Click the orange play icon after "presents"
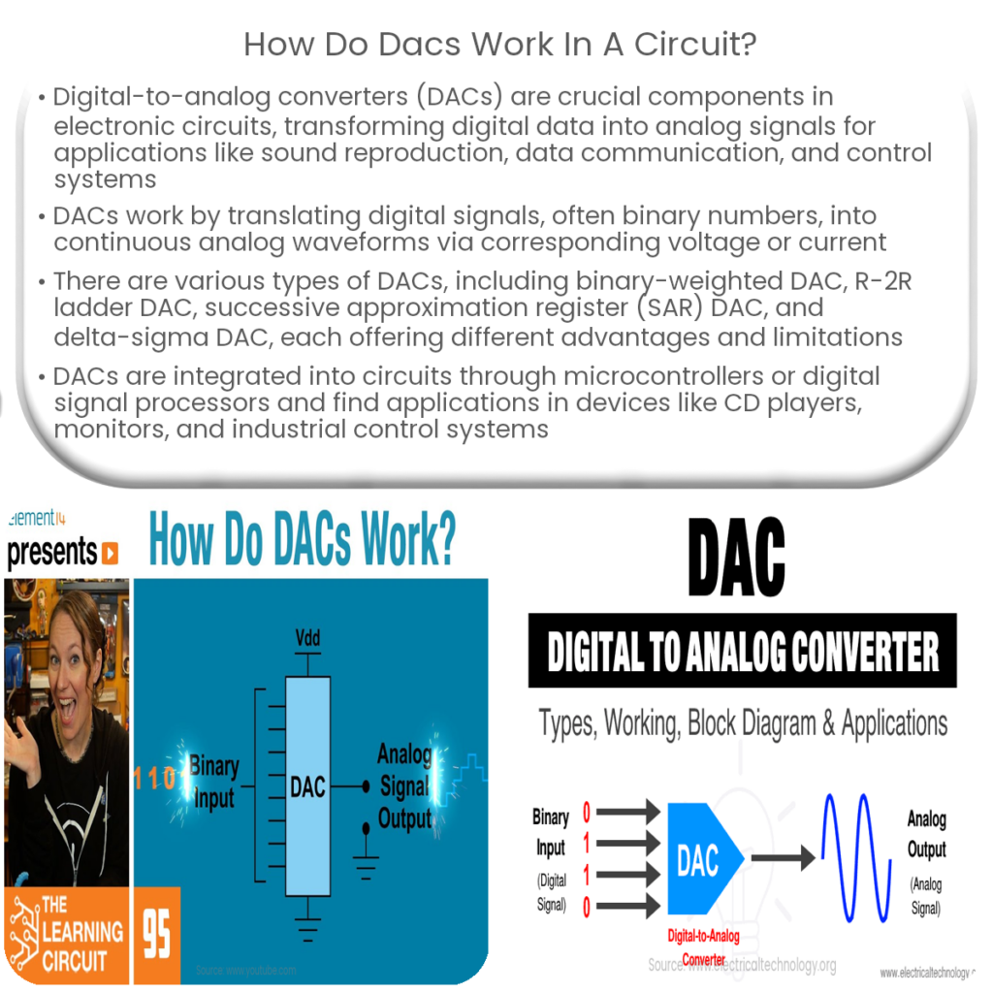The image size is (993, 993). tap(111, 553)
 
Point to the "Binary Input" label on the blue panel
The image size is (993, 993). tap(213, 781)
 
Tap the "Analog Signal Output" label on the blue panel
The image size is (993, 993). tap(404, 785)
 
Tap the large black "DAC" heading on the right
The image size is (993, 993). tap(736, 560)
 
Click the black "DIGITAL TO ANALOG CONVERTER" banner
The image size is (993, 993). tap(743, 652)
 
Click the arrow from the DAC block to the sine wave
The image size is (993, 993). tap(783, 857)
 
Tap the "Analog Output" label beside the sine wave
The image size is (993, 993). tap(926, 834)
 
